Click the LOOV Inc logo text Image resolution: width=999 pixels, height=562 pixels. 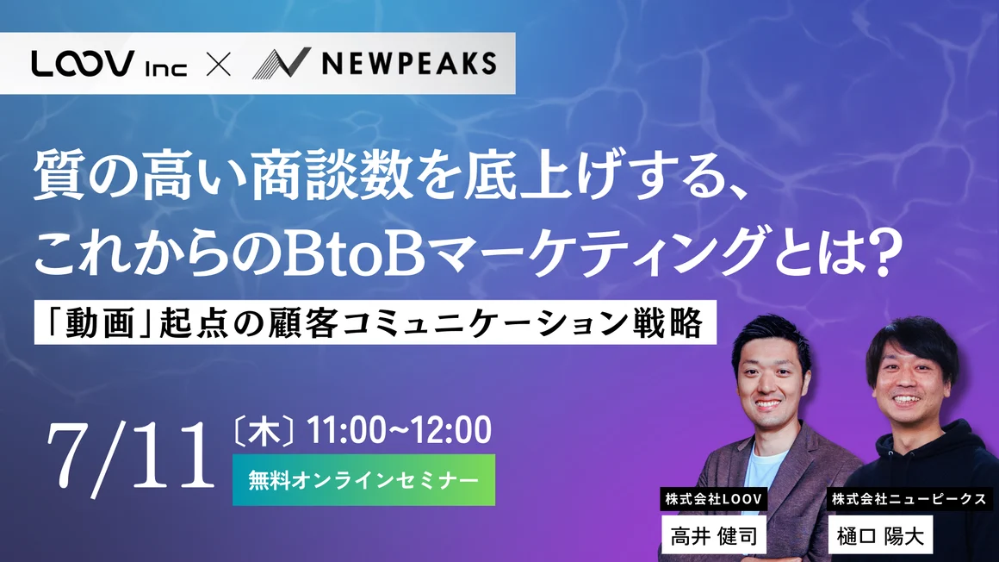pos(109,65)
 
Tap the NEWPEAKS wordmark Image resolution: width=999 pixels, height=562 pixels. pos(407,64)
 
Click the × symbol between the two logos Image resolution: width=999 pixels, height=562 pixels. pos(219,65)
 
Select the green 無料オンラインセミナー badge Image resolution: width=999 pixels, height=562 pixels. pos(363,479)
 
